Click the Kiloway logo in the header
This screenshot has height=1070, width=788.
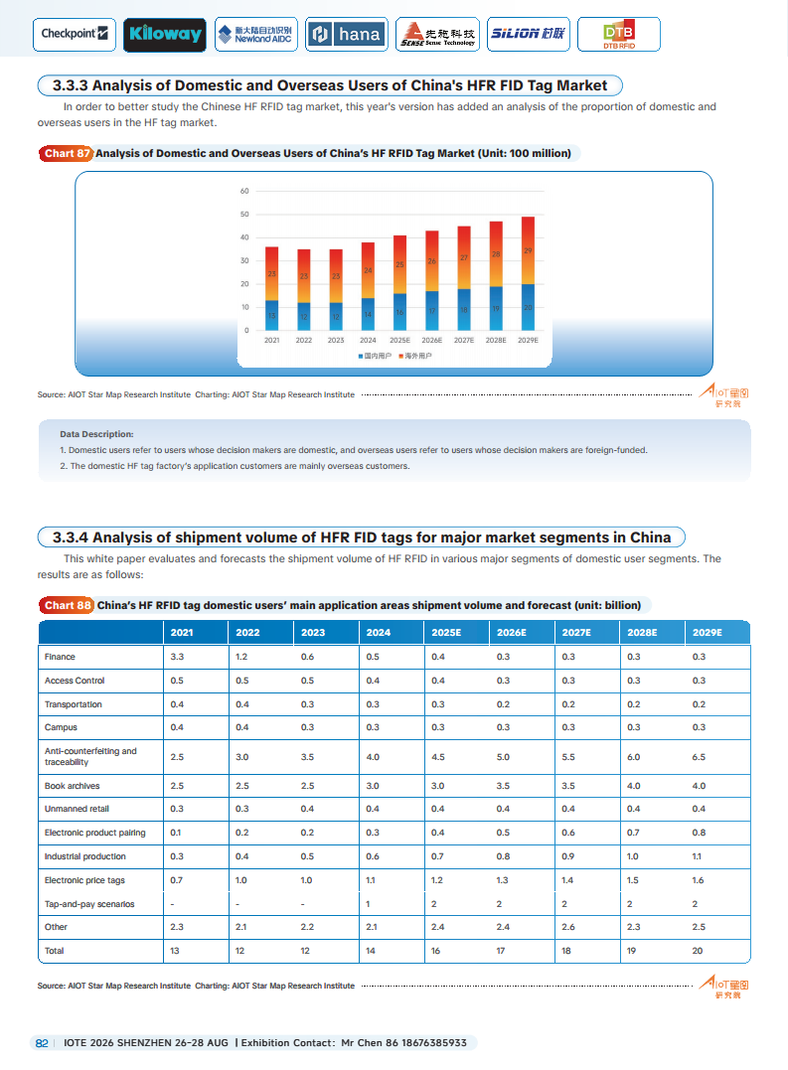click(165, 35)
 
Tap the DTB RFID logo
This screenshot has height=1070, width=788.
click(618, 35)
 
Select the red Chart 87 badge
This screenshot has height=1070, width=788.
click(67, 154)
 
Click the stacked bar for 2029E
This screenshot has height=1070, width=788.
click(528, 273)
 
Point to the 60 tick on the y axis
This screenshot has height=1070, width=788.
click(244, 191)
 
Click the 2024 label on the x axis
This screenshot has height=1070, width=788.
click(368, 340)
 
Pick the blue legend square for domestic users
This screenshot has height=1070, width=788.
click(361, 356)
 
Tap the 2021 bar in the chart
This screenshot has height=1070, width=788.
click(271, 288)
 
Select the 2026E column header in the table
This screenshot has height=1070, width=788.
click(511, 633)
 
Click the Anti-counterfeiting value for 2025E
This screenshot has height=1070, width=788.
click(438, 757)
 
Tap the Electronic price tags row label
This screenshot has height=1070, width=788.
click(84, 880)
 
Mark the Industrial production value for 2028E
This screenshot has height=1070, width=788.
click(633, 856)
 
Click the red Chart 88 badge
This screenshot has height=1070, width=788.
click(67, 605)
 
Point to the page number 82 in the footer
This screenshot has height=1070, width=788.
click(42, 1043)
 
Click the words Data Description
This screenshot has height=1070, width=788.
click(96, 434)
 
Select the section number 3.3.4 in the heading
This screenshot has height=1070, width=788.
click(70, 537)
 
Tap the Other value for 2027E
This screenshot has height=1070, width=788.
click(568, 927)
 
